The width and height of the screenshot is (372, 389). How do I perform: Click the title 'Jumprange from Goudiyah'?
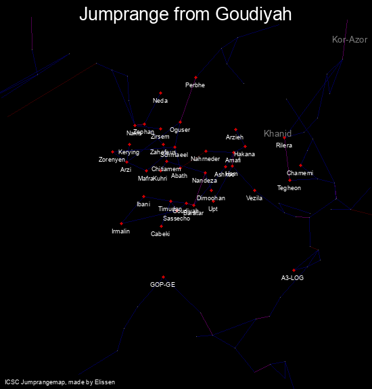pos(185,14)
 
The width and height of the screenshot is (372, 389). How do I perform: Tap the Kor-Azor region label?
pos(350,40)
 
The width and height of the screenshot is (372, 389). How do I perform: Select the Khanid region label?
pos(277,133)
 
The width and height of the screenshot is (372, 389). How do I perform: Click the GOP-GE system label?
pos(162,285)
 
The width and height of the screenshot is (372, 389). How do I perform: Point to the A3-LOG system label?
pos(293,278)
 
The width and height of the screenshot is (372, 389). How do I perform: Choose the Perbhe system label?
pos(195,85)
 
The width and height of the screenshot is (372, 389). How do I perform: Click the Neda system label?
pos(160,101)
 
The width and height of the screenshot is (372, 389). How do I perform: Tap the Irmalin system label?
pos(120,231)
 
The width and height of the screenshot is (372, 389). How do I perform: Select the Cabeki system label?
pos(160,234)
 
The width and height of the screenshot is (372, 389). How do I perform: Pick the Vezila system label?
pos(254,198)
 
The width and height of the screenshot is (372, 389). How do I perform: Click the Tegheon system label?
pos(289,188)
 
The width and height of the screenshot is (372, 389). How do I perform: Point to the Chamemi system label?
pos(300,173)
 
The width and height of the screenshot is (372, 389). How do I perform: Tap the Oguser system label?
pos(180,130)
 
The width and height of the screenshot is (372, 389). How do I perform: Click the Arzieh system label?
pos(235,137)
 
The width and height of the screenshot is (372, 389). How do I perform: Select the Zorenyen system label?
pos(112,160)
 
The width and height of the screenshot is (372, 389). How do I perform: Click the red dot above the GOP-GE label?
pos(163,277)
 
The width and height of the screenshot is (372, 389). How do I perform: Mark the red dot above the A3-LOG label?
pos(294,270)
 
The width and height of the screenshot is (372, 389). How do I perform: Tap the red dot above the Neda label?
pos(160,93)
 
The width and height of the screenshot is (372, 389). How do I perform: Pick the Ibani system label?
pos(143,204)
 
